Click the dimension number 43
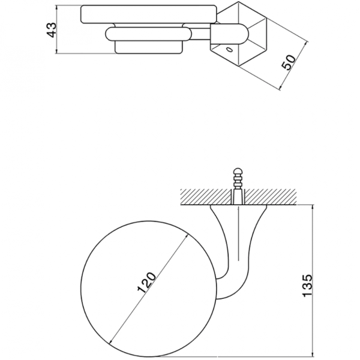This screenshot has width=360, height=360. coord(51,30)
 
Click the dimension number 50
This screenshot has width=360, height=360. coord(289,62)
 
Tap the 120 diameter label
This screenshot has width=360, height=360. coord(146,283)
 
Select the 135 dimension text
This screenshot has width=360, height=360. coord(308,286)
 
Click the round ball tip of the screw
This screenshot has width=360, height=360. coord(238,172)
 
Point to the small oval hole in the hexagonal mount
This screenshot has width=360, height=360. coord(229,50)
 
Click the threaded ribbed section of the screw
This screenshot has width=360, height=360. coord(238,182)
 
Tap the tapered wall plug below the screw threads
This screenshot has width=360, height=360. coord(238,197)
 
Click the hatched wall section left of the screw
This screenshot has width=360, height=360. coord(205,197)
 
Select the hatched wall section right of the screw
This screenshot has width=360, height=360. coord(271,197)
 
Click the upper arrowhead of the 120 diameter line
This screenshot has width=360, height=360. coord(187,236)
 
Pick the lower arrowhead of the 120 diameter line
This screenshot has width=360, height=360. coord(112,341)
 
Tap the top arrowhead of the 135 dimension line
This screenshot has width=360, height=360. coord(312,208)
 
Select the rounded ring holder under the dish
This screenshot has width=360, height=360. coord(148,34)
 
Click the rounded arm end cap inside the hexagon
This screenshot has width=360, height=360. coord(230,34)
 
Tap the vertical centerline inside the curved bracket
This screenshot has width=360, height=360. coord(239,233)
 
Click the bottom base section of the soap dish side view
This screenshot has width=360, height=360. coord(149,47)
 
